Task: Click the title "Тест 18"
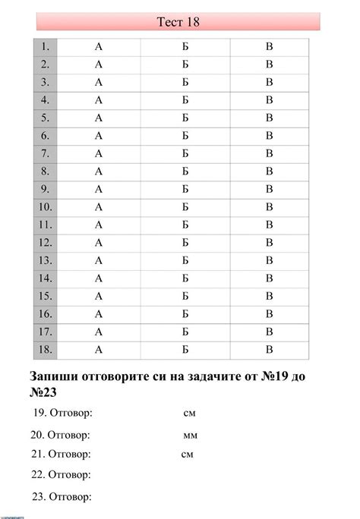coord(178,22)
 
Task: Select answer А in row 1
coord(99,47)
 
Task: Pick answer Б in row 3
coord(185,83)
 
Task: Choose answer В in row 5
coord(269,118)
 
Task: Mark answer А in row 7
coord(99,154)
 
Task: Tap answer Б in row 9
coord(185,189)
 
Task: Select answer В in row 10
coord(269,207)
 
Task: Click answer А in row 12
coord(99,243)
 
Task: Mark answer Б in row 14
coord(185,278)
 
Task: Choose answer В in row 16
coord(269,314)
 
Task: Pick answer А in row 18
coord(99,350)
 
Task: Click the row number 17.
coord(45,332)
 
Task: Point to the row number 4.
coord(46,100)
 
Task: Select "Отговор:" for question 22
coord(71,475)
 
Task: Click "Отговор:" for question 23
coord(71,498)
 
